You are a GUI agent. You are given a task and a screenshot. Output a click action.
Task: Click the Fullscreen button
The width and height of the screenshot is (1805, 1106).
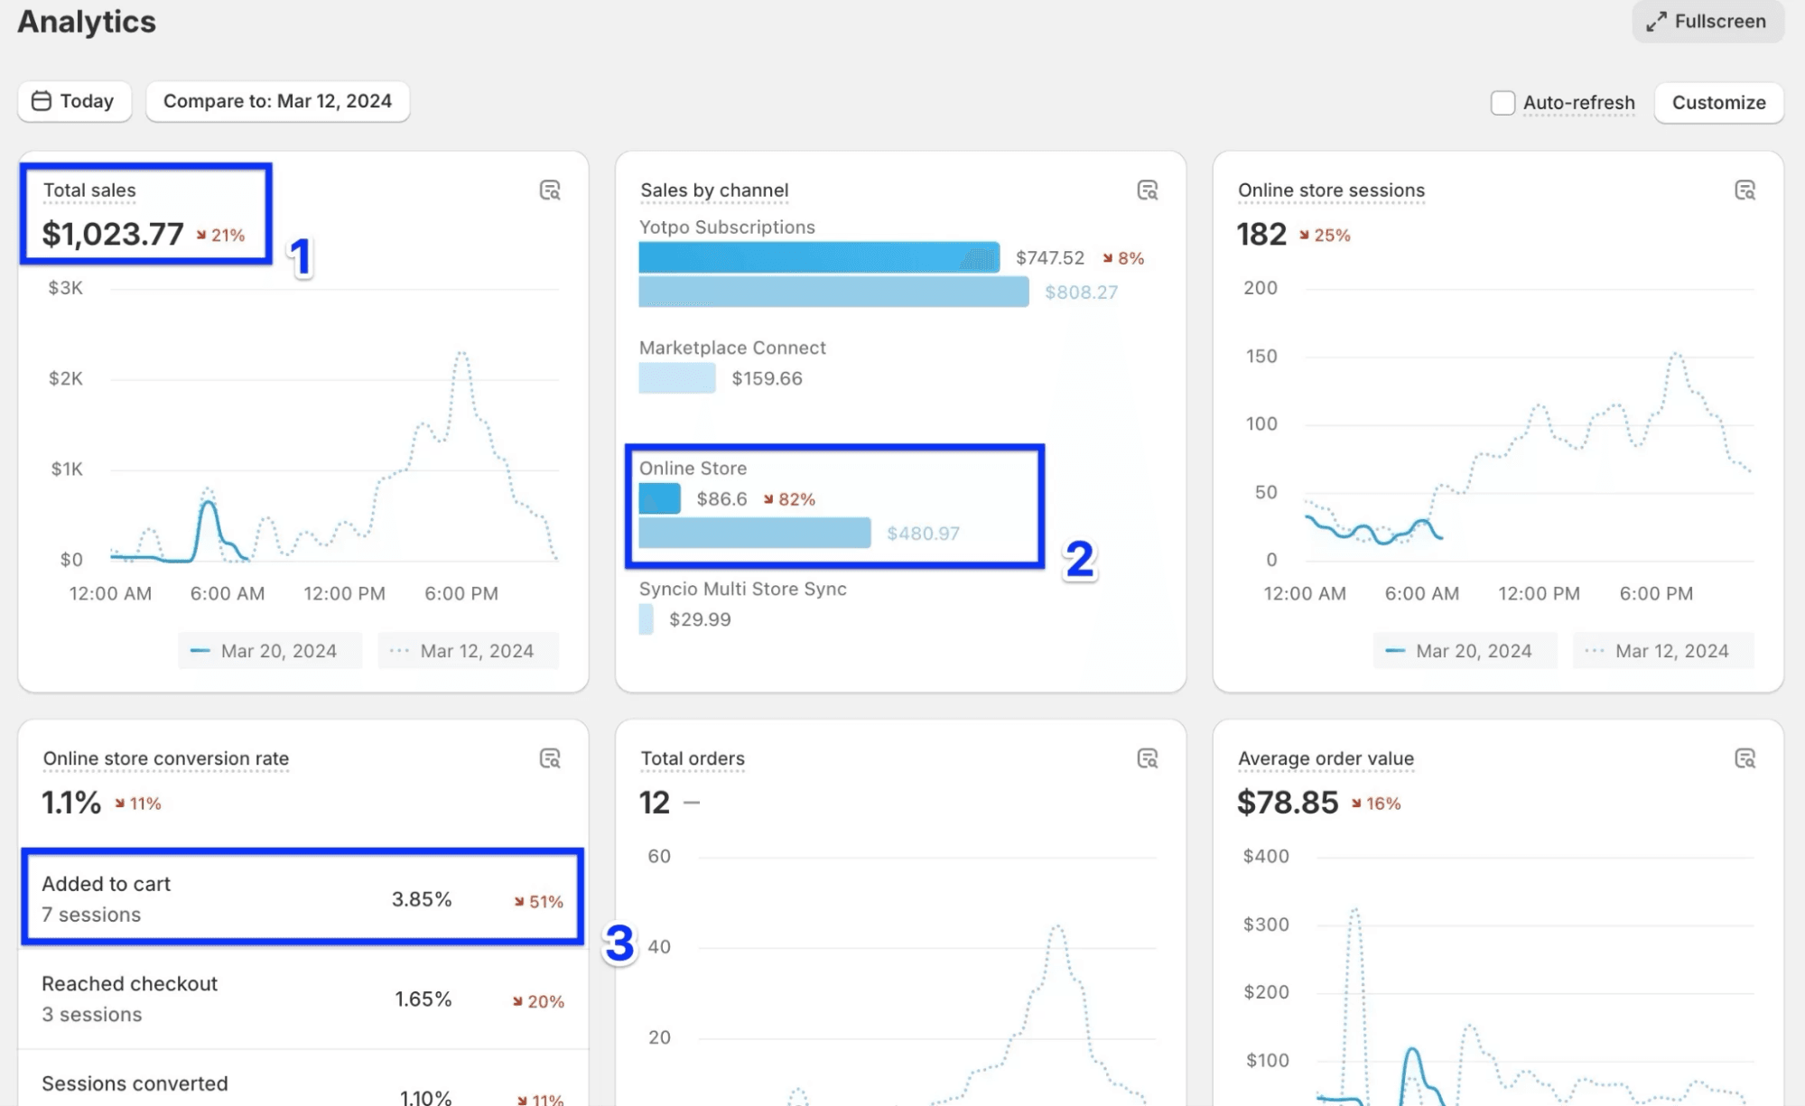[x=1707, y=22]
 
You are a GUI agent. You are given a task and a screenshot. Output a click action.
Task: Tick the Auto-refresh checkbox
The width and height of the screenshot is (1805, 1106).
[x=1503, y=103]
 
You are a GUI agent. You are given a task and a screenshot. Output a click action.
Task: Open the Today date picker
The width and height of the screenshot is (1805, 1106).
[x=74, y=101]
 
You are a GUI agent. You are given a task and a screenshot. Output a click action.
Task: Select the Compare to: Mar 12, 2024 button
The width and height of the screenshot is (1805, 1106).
[x=277, y=101]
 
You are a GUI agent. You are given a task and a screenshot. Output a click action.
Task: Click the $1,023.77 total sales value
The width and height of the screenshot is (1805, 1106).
[x=113, y=235]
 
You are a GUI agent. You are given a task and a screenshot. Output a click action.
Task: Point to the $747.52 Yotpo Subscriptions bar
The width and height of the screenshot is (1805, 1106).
[x=818, y=257]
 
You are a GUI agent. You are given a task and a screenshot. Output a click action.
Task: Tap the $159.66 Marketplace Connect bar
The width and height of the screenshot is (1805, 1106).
[x=676, y=378]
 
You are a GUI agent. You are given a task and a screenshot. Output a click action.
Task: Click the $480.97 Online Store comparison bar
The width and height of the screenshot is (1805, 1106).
[x=754, y=533]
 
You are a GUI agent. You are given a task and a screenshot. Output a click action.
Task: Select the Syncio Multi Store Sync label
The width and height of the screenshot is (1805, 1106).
[x=742, y=589]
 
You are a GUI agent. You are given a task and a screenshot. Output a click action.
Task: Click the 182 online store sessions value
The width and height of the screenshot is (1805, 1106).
[x=1261, y=235]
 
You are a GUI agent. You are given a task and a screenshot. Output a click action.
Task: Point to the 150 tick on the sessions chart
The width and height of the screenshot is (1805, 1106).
[x=1261, y=356]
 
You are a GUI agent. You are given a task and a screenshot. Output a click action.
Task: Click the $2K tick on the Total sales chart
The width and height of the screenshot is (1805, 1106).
[x=66, y=378]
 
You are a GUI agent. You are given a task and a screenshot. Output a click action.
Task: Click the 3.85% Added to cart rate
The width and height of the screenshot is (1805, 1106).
[x=421, y=899]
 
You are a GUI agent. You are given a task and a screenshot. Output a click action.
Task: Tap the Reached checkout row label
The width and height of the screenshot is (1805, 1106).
[x=129, y=984]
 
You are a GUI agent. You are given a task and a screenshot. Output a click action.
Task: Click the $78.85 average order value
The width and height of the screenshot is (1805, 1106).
[x=1287, y=803]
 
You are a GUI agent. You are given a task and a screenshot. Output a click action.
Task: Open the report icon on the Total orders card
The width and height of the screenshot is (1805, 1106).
[x=1147, y=758]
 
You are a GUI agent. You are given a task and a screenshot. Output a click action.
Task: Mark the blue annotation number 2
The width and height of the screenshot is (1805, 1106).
[x=1079, y=559]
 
